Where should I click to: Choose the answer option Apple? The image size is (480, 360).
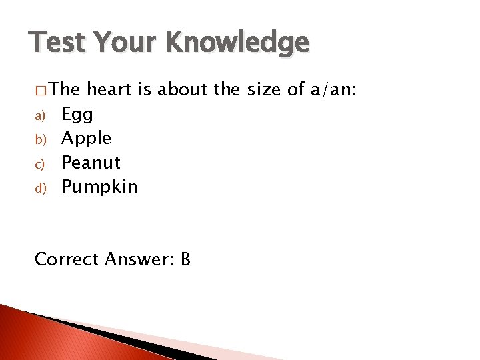point(87,139)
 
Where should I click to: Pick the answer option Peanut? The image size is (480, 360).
point(91,163)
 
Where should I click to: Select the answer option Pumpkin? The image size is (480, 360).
point(99,187)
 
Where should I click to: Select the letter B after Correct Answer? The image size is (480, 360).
point(185,259)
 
